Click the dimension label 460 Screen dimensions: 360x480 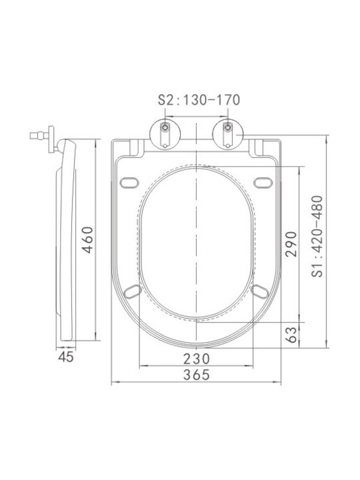[88, 240]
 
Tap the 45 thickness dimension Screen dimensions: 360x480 [66, 357]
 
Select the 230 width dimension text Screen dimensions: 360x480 [197, 359]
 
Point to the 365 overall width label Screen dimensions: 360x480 [197, 375]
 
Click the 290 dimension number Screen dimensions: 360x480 [291, 244]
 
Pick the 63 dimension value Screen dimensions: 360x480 [291, 335]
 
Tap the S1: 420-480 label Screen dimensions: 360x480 [317, 236]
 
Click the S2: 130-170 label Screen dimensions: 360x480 [199, 100]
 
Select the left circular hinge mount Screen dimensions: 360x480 [165, 134]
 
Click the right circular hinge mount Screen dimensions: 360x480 [228, 134]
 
